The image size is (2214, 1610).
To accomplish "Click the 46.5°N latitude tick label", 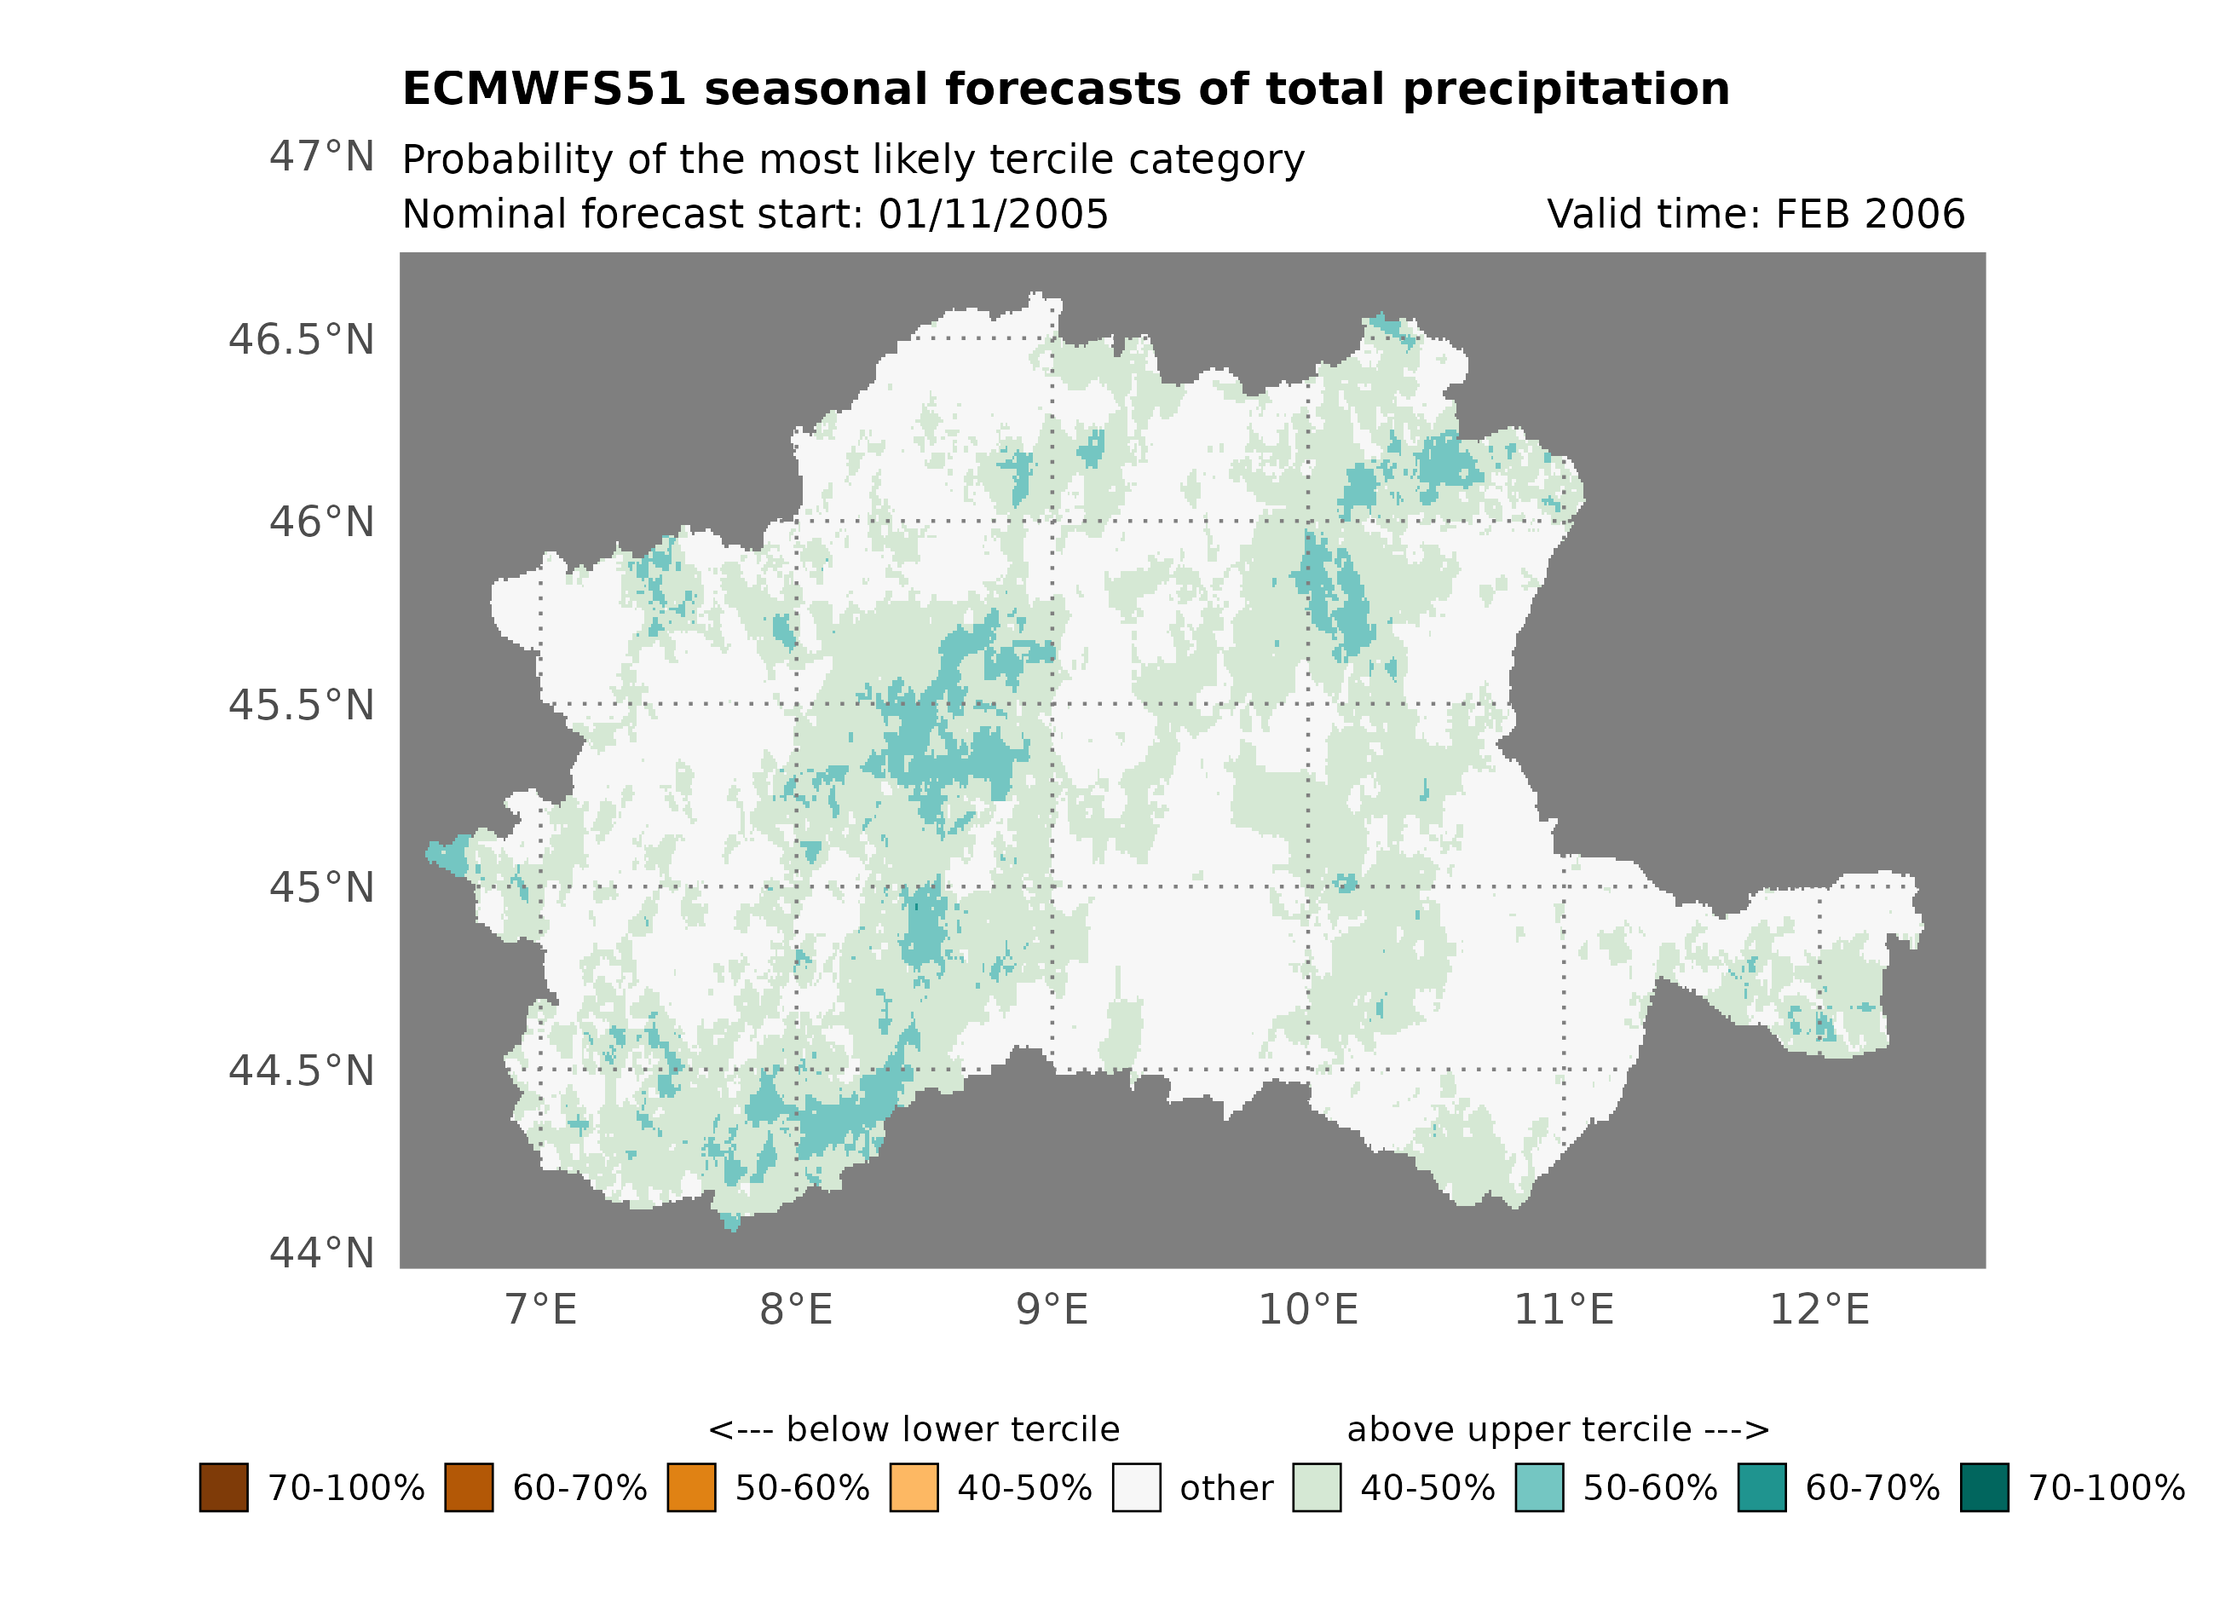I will [301, 340].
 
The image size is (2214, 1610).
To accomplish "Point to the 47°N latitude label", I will [321, 156].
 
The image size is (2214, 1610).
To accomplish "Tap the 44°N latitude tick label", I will [321, 1253].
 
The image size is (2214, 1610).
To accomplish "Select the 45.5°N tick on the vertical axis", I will [301, 705].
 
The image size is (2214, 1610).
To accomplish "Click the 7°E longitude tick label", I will [541, 1309].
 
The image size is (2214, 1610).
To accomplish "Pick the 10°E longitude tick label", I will [1308, 1309].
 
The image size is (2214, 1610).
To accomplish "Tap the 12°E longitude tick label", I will [1819, 1309].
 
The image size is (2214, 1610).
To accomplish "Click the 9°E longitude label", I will [1052, 1309].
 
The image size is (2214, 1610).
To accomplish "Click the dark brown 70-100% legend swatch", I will [223, 1487].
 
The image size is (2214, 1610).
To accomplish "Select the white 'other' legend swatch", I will [1136, 1487].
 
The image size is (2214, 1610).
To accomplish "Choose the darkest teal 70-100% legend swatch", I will [1985, 1487].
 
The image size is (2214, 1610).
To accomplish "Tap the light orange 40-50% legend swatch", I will [914, 1487].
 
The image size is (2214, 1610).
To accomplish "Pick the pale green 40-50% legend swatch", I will [1316, 1487].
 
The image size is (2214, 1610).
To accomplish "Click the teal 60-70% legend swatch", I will [1762, 1487].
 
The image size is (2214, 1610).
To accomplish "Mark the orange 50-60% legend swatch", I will [691, 1487].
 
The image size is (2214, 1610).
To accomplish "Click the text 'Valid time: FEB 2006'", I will [1756, 214].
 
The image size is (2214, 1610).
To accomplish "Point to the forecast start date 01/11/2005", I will [993, 214].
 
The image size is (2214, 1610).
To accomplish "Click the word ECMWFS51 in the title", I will [544, 89].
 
